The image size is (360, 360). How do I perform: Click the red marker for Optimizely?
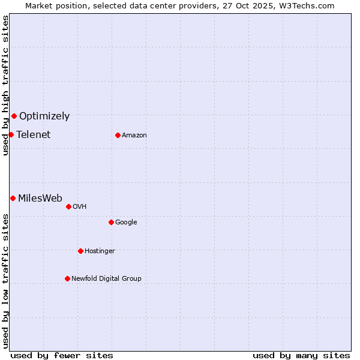[14, 116]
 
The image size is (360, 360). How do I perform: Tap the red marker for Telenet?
[11, 134]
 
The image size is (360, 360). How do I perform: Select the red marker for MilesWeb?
[13, 198]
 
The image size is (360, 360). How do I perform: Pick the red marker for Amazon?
[118, 135]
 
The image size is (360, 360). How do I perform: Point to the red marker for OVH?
[68, 206]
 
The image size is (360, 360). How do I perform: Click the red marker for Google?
[111, 222]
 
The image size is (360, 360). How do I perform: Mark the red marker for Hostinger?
[80, 251]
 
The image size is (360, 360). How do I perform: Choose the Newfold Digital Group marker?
[67, 278]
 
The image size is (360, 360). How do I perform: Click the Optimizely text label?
[44, 116]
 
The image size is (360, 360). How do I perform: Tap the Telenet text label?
[34, 134]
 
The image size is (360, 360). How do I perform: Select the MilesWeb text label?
[40, 199]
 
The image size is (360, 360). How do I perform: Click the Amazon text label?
[134, 136]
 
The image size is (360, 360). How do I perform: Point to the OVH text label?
[80, 207]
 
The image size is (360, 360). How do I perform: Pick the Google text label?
[126, 223]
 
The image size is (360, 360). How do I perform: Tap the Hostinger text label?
[100, 251]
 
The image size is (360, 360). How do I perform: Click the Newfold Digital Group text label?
[107, 279]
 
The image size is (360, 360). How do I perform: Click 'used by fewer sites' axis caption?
[62, 355]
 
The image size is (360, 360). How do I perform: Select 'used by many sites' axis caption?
[301, 355]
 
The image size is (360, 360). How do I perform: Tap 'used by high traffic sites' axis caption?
[5, 86]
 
